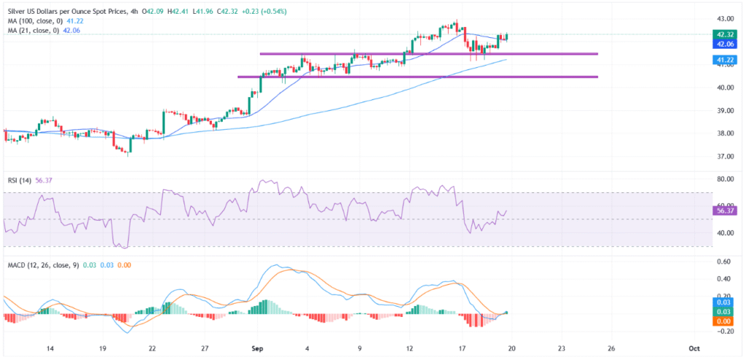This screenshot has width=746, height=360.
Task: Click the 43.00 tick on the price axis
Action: pyautogui.click(x=725, y=18)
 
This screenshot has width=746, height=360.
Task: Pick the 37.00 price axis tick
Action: pyautogui.click(x=725, y=157)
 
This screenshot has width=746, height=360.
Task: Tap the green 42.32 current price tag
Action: pyautogui.click(x=725, y=34)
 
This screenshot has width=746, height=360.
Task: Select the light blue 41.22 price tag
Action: pyautogui.click(x=725, y=60)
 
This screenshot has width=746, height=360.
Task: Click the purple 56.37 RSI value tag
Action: pyautogui.click(x=725, y=210)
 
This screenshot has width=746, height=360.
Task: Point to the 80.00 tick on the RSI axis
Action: pyautogui.click(x=725, y=179)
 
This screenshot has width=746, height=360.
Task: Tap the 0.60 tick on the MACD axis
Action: pyautogui.click(x=725, y=262)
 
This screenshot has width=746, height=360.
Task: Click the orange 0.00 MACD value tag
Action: pyautogui.click(x=725, y=321)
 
